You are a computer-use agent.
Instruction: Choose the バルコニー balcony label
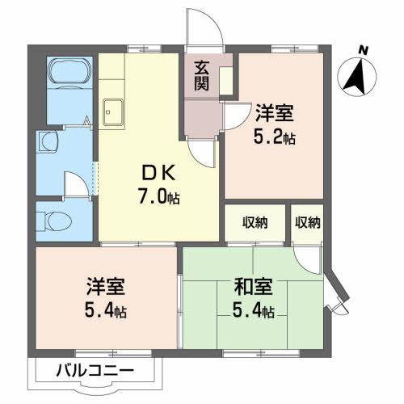[x=95, y=372]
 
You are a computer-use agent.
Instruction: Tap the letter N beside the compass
[x=364, y=51]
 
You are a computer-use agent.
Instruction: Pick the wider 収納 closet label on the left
[x=253, y=222]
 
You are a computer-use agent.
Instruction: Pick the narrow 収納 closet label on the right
[x=307, y=222]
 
